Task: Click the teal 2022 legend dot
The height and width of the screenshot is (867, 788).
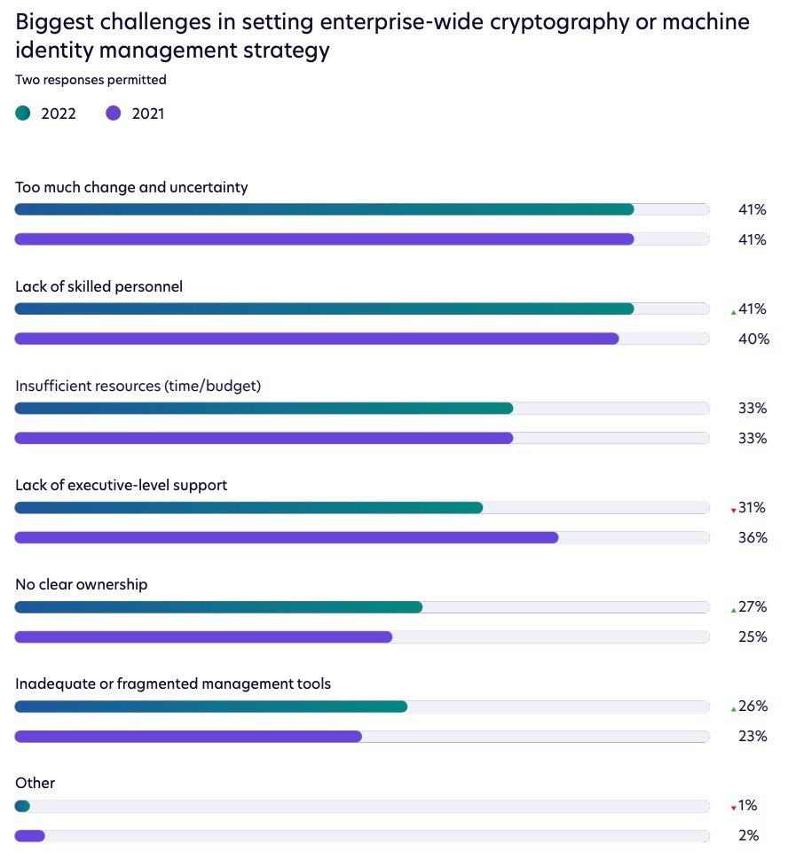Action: [x=23, y=113]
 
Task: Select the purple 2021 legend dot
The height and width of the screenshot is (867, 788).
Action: [x=113, y=113]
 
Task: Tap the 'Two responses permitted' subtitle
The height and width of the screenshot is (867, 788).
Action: [x=91, y=80]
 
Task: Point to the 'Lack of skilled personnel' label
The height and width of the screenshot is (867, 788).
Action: [x=99, y=286]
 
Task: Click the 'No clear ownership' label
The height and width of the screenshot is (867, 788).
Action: [x=82, y=584]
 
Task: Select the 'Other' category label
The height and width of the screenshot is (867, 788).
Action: [x=35, y=783]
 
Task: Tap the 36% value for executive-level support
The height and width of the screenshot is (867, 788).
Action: [x=753, y=537]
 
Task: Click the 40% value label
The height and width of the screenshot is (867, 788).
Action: [x=753, y=339]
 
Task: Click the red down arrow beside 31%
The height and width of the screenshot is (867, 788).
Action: [x=733, y=510]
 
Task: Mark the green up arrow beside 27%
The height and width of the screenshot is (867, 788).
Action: [x=733, y=609]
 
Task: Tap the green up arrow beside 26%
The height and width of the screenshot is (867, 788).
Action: [x=733, y=708]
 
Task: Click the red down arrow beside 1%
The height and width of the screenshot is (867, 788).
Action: [x=733, y=808]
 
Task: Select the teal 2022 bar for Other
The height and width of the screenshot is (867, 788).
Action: [x=22, y=806]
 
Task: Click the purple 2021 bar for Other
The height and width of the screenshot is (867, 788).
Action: [x=30, y=835]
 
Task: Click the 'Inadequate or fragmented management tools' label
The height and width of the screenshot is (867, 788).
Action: [x=173, y=683]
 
